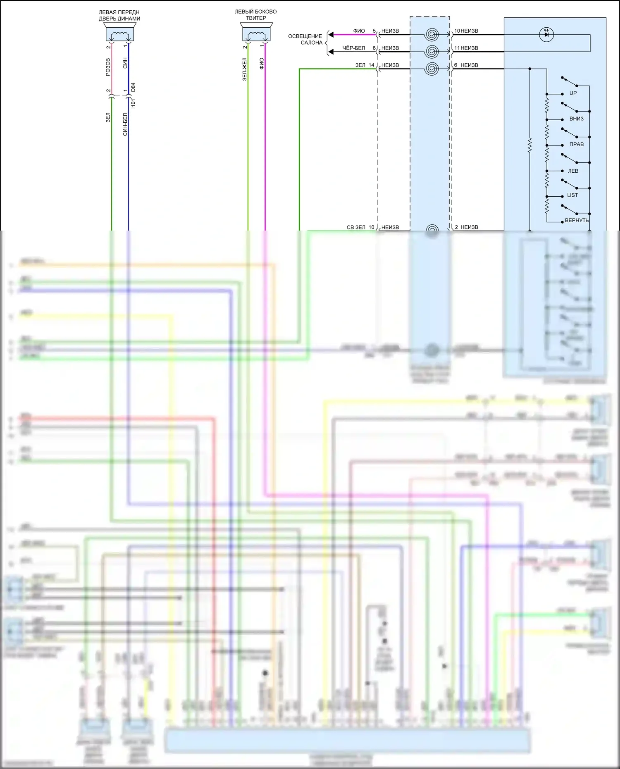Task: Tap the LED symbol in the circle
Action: pyautogui.click(x=546, y=34)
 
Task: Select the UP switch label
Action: pyautogui.click(x=573, y=93)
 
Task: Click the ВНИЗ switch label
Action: pyautogui.click(x=576, y=119)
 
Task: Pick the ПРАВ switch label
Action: pyautogui.click(x=576, y=144)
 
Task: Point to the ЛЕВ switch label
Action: pyautogui.click(x=573, y=171)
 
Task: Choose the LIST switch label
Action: pyautogui.click(x=572, y=195)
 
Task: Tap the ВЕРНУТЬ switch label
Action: pyautogui.click(x=577, y=220)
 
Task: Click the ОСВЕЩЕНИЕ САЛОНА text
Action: pyautogui.click(x=305, y=39)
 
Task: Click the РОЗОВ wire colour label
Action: pyautogui.click(x=108, y=67)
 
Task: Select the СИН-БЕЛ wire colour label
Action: pyautogui.click(x=125, y=124)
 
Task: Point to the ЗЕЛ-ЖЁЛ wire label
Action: pyautogui.click(x=245, y=69)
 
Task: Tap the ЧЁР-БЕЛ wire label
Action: pyautogui.click(x=353, y=48)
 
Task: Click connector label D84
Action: pyautogui.click(x=133, y=87)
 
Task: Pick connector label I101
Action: pyautogui.click(x=133, y=103)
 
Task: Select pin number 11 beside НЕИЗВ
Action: pyautogui.click(x=457, y=48)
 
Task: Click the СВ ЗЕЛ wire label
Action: pyautogui.click(x=355, y=227)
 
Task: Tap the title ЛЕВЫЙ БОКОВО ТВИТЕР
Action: pyautogui.click(x=256, y=15)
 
